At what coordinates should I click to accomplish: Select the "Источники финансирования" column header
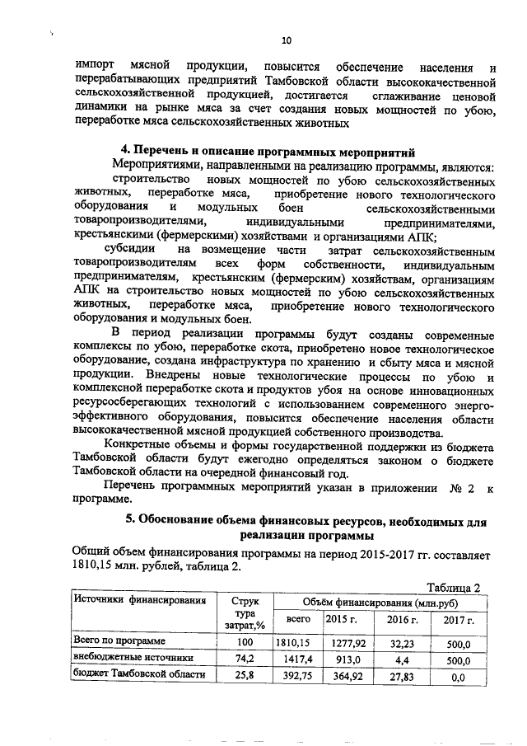coord(139,600)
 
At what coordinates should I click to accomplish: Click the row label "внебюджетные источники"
coord(133,659)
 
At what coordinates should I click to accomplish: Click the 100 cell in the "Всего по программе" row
coord(243,641)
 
